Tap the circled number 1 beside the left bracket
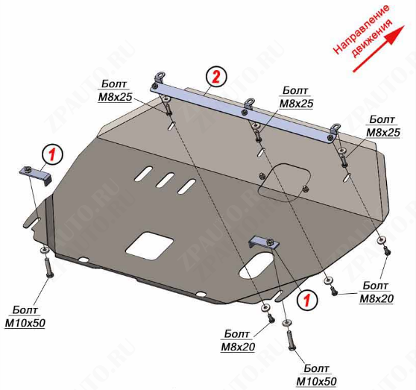pyautogui.click(x=52, y=155)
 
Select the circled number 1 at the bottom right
pyautogui.click(x=306, y=301)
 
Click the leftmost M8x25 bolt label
pyautogui.click(x=115, y=91)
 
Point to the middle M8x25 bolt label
pyautogui.click(x=296, y=97)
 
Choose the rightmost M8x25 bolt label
pyautogui.click(x=383, y=126)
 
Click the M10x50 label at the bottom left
pyautogui.click(x=25, y=317)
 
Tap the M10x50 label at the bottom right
pyautogui.click(x=316, y=375)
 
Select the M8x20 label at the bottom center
pyautogui.click(x=238, y=340)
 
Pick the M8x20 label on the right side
pyautogui.click(x=376, y=292)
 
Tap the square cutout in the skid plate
pyautogui.click(x=150, y=245)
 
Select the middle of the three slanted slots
pyautogui.click(x=165, y=180)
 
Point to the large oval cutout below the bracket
pyautogui.click(x=257, y=265)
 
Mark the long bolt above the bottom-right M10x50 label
pyautogui.click(x=291, y=340)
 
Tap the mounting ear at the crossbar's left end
pyautogui.click(x=160, y=77)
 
